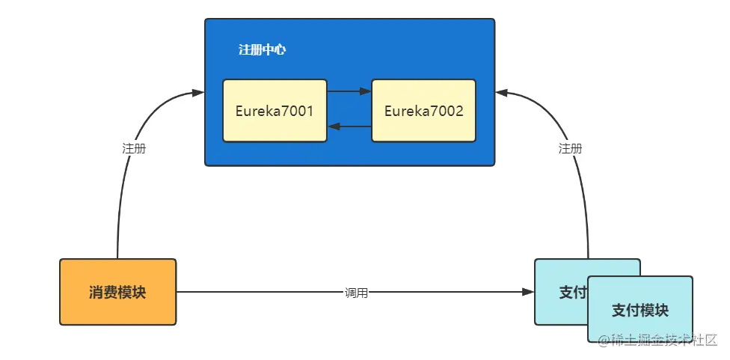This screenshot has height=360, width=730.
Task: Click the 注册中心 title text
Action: pos(262,50)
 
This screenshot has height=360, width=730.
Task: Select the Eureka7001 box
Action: pos(274,111)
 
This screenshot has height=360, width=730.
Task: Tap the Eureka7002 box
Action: pos(423,111)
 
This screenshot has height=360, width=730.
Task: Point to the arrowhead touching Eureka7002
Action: pos(366,91)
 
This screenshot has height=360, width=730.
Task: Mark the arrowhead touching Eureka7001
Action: pos(334,126)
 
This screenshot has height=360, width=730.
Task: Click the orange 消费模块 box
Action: pos(117,292)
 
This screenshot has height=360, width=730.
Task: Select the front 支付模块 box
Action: pos(640,309)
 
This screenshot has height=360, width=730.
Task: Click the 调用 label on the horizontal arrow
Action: pos(356,293)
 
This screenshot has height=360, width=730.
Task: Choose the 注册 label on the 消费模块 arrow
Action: pos(134,148)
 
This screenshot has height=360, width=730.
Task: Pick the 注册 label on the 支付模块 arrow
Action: pos(570,148)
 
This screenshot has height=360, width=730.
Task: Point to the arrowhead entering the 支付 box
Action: pos(529,292)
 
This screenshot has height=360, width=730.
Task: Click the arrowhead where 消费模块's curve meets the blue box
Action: pos(198,92)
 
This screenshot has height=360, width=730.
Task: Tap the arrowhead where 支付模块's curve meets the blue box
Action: pos(502,92)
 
